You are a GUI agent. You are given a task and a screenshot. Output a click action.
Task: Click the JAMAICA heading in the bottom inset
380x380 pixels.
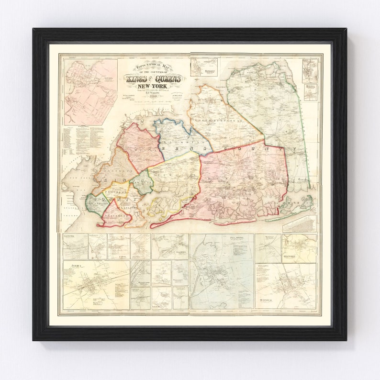pos(76,265)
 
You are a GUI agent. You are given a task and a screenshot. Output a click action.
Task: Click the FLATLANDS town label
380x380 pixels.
pos(128,208)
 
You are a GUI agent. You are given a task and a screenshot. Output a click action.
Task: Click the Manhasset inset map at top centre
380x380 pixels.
pos(204,67)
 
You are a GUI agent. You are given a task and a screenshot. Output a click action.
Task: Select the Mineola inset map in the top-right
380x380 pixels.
pos(310,92)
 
